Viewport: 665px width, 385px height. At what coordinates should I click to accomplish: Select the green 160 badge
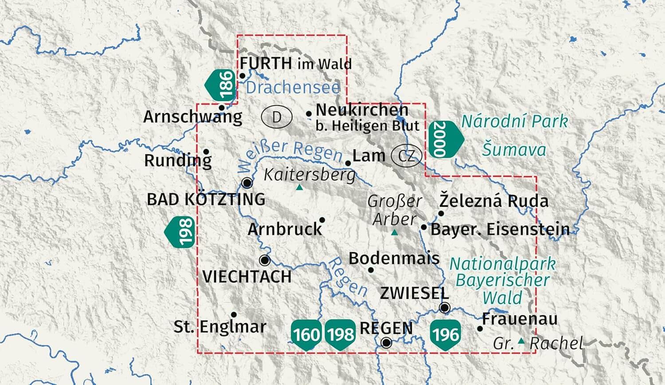[306, 334]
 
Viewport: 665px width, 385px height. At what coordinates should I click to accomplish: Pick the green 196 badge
[445, 334]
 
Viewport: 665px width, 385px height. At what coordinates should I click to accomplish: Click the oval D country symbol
[277, 117]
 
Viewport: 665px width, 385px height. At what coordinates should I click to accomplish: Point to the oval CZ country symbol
[406, 156]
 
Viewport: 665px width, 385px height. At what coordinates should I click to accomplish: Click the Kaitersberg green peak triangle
[300, 188]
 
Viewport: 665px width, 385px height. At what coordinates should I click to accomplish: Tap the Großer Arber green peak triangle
[395, 232]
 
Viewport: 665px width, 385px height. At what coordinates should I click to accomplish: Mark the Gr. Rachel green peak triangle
[521, 341]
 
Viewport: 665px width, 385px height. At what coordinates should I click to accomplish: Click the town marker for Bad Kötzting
[247, 183]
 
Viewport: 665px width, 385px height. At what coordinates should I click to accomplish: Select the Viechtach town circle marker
[265, 260]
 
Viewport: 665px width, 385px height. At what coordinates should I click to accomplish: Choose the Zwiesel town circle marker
[445, 307]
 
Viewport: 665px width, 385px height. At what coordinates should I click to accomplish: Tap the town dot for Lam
[348, 163]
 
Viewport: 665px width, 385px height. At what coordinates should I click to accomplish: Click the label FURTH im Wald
[296, 64]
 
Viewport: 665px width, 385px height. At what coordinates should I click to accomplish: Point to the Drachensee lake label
[293, 87]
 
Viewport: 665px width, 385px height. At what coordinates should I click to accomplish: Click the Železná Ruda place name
[494, 201]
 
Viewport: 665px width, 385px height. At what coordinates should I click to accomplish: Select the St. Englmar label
[220, 327]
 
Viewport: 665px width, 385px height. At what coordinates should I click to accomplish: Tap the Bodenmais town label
[394, 258]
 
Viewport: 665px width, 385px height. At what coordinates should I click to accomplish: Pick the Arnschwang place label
[192, 117]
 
